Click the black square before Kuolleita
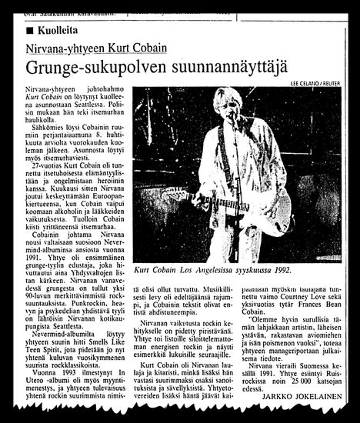[x=28, y=29]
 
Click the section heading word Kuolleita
[x=58, y=29]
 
